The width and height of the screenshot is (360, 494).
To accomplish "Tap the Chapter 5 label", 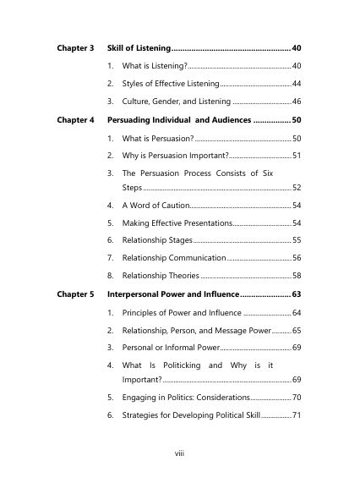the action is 75,294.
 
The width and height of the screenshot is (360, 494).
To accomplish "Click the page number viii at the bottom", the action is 179,453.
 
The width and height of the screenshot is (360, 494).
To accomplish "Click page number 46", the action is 297,102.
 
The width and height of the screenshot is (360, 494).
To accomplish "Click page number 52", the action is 297,187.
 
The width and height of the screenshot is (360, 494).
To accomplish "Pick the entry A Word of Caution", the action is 155,205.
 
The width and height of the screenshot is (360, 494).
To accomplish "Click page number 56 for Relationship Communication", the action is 297,257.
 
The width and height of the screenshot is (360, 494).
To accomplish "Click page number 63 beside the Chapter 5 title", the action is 297,294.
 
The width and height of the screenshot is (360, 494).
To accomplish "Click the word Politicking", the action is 177,365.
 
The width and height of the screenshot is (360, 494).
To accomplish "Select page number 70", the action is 297,397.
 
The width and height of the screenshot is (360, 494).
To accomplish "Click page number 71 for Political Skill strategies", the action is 297,414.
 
